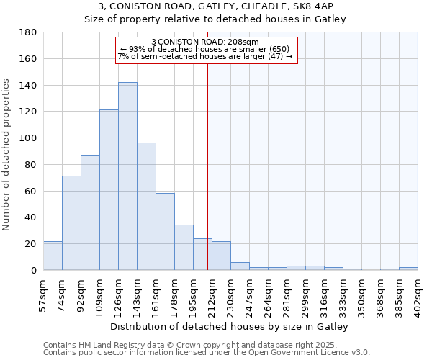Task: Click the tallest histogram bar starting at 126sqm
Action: (127, 176)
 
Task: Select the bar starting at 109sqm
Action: (109, 190)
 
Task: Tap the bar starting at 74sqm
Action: (71, 223)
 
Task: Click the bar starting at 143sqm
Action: (146, 207)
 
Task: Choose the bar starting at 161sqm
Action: (165, 232)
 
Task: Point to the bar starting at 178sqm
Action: (184, 248)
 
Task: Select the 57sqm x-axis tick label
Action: (44, 293)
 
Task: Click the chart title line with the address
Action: (216, 6)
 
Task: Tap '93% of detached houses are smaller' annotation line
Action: (205, 49)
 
